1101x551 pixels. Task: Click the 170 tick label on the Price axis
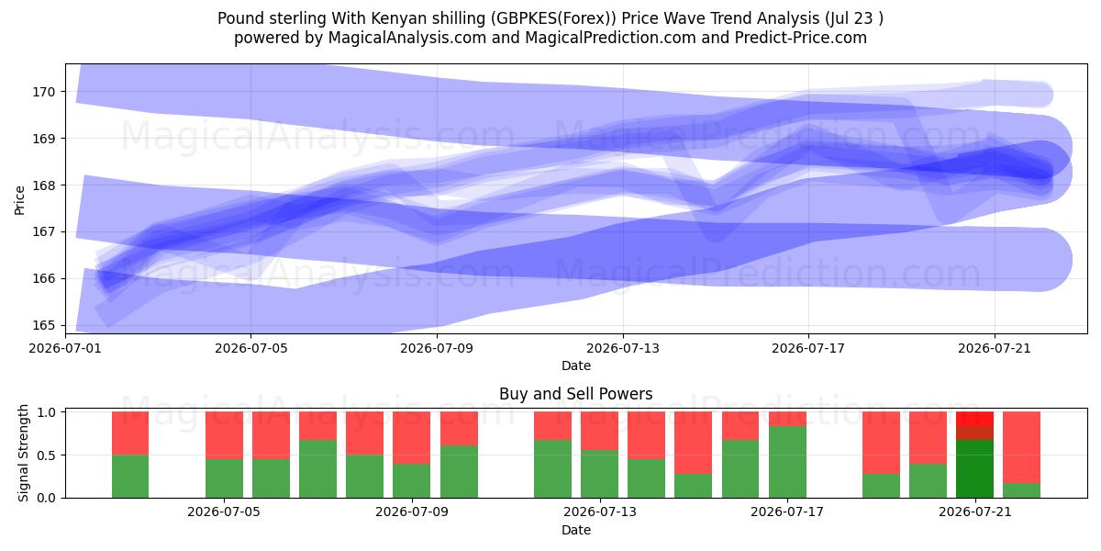click(44, 92)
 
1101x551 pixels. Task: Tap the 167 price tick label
click(44, 232)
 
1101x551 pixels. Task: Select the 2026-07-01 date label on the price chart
click(65, 348)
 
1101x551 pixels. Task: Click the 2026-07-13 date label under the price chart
click(623, 348)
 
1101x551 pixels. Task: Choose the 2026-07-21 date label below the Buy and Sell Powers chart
click(975, 512)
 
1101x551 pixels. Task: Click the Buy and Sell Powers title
click(576, 394)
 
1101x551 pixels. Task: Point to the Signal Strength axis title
click(23, 453)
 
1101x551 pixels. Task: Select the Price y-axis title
click(19, 200)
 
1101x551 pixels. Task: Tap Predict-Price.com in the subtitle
click(801, 38)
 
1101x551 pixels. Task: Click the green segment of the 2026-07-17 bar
click(787, 462)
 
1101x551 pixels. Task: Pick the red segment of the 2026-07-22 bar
click(1021, 447)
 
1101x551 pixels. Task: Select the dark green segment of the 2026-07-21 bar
click(974, 469)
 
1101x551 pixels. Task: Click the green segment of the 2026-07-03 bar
click(130, 477)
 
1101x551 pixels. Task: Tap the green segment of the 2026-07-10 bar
click(459, 472)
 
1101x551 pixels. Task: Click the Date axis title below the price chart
click(576, 365)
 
